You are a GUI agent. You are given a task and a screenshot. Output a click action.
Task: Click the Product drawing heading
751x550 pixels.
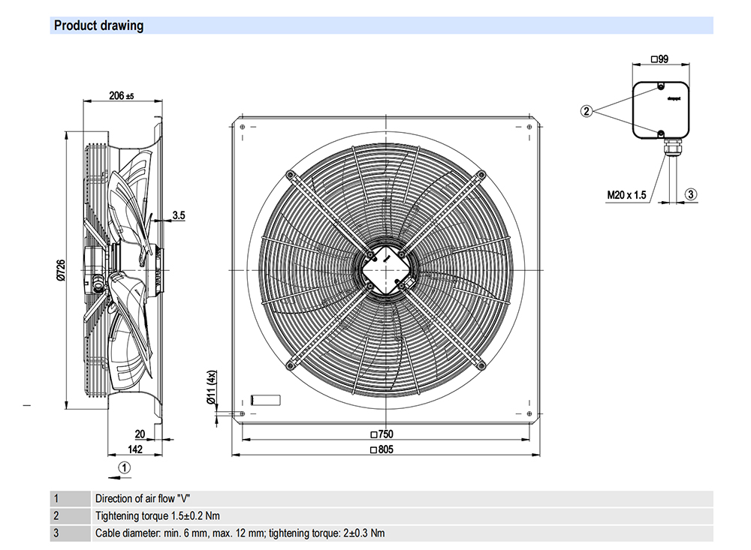click(x=98, y=26)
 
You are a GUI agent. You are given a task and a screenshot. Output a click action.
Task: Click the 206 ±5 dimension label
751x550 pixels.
click(x=121, y=96)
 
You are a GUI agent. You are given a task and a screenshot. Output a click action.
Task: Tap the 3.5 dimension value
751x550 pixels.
click(x=179, y=215)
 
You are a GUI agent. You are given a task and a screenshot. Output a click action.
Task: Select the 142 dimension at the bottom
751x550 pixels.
click(x=134, y=449)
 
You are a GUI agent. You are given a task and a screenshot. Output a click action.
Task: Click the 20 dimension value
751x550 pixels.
click(x=140, y=434)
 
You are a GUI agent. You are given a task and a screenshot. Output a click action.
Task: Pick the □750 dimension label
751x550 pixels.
click(x=382, y=434)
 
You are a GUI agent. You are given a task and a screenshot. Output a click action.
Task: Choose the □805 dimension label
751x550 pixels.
click(x=382, y=450)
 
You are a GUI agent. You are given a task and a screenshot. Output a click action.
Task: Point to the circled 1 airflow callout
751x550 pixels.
click(x=125, y=467)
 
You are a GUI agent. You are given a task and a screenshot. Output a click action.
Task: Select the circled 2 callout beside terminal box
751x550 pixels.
click(x=587, y=111)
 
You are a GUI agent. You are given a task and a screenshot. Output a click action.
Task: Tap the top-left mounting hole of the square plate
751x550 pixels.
click(x=242, y=127)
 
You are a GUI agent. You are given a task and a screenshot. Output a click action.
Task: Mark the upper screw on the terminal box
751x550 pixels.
click(x=660, y=88)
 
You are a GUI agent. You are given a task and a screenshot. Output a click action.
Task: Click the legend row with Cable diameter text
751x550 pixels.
click(x=240, y=533)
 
